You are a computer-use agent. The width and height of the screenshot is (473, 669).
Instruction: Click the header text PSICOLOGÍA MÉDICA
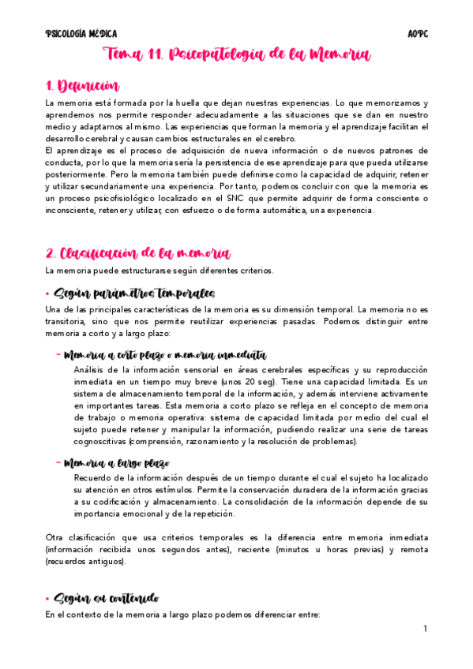(x=81, y=34)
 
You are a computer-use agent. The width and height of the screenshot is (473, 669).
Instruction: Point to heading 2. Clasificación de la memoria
(x=137, y=253)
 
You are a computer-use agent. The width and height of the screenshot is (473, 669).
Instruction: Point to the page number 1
(x=425, y=629)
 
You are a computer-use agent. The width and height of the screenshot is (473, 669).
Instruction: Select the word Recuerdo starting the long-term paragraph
(x=94, y=478)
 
